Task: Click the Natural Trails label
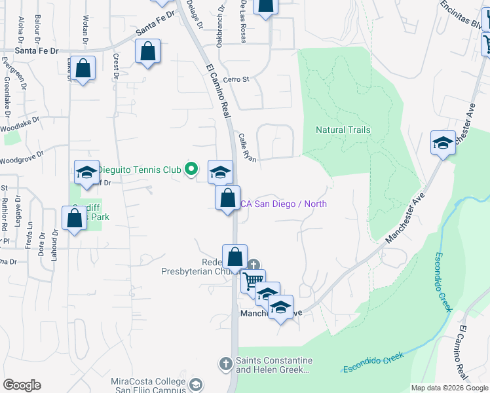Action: click(x=343, y=130)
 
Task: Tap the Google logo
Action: click(x=22, y=385)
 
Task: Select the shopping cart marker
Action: click(x=253, y=280)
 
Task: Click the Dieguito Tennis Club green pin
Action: click(x=191, y=170)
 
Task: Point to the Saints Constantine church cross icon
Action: click(x=225, y=363)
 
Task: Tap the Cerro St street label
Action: click(x=236, y=80)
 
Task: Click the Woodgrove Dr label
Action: click(x=21, y=158)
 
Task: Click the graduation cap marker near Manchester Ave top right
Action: click(x=443, y=143)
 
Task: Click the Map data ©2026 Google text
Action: click(x=449, y=388)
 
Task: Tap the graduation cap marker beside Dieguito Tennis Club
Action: click(x=220, y=172)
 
